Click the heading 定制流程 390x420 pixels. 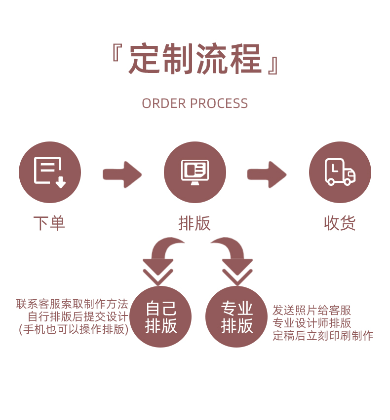click(195, 59)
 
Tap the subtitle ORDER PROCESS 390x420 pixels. click(195, 104)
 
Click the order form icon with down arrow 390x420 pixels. click(49, 172)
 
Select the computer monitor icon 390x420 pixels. click(195, 172)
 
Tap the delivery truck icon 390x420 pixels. click(340, 172)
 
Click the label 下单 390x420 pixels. click(49, 223)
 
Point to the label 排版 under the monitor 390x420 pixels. click(195, 223)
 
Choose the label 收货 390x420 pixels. click(340, 223)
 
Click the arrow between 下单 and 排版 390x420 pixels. click(122, 174)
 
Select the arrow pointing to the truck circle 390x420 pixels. click(267, 174)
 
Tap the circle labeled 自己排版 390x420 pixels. click(161, 317)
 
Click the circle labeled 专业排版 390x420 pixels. click(236, 317)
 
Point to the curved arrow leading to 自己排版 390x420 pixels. click(160, 259)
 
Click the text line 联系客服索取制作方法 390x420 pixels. click(72, 304)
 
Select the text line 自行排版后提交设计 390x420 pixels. click(78, 316)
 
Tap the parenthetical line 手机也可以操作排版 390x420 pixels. click(74, 329)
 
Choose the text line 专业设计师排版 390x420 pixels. click(312, 323)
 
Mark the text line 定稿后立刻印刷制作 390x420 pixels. click(323, 336)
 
